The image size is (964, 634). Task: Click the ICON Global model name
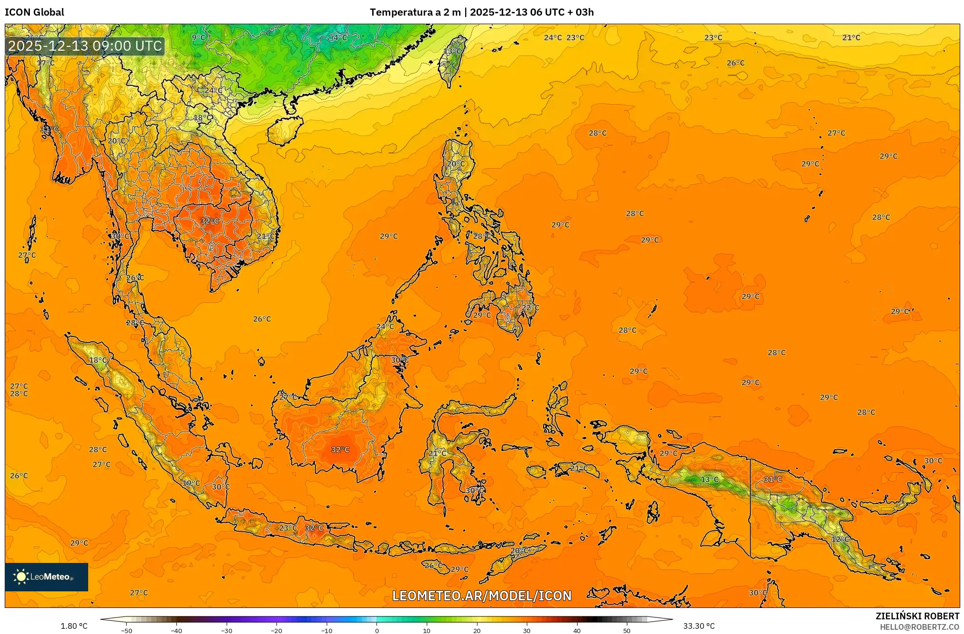tap(34, 12)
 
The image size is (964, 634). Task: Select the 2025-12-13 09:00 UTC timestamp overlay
tap(85, 46)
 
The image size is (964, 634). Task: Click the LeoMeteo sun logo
tap(21, 577)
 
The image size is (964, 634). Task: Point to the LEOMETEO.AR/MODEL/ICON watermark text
tap(482, 596)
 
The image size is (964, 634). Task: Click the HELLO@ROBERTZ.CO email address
tap(919, 627)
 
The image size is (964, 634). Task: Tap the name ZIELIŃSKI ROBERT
tap(917, 616)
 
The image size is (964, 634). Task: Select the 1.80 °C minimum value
tap(74, 626)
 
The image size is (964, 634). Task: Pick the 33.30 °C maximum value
tap(698, 626)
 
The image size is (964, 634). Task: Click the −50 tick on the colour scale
tap(127, 630)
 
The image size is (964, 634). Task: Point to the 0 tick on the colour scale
tap(377, 630)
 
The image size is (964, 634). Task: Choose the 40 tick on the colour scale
tap(577, 630)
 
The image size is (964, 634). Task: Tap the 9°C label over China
tap(199, 37)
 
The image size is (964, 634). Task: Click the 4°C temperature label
tap(339, 37)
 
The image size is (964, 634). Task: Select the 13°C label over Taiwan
tap(452, 51)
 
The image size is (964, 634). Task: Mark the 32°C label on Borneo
tap(340, 449)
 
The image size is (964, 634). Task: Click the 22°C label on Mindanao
tap(531, 308)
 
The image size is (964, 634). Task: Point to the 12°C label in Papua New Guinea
tap(840, 539)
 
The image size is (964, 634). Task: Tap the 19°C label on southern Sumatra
tap(192, 483)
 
